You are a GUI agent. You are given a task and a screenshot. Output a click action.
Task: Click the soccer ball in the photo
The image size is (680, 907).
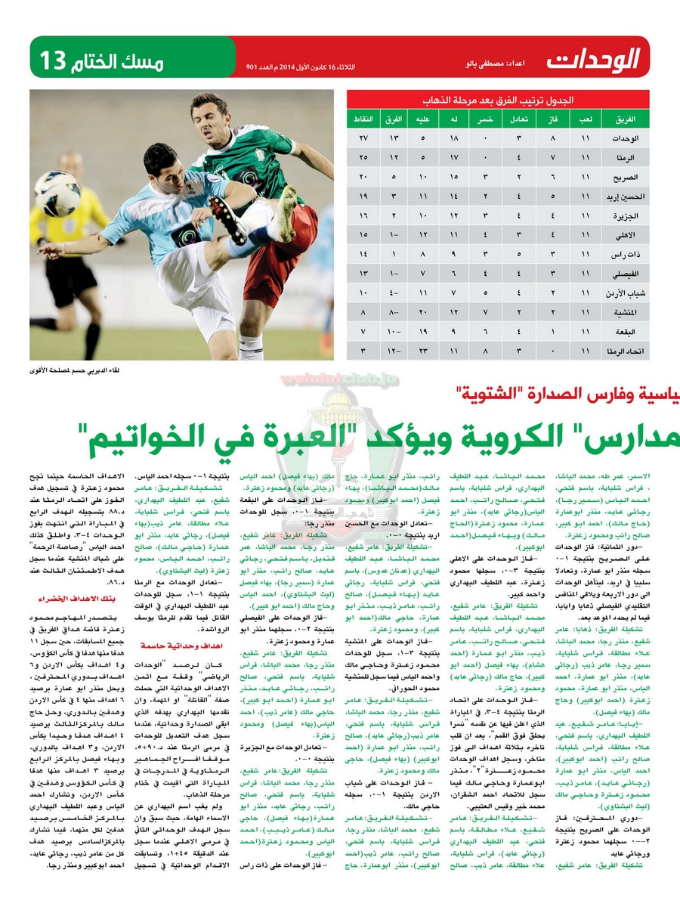point(57,193)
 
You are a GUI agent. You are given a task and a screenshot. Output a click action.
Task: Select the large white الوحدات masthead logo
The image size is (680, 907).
point(593,59)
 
